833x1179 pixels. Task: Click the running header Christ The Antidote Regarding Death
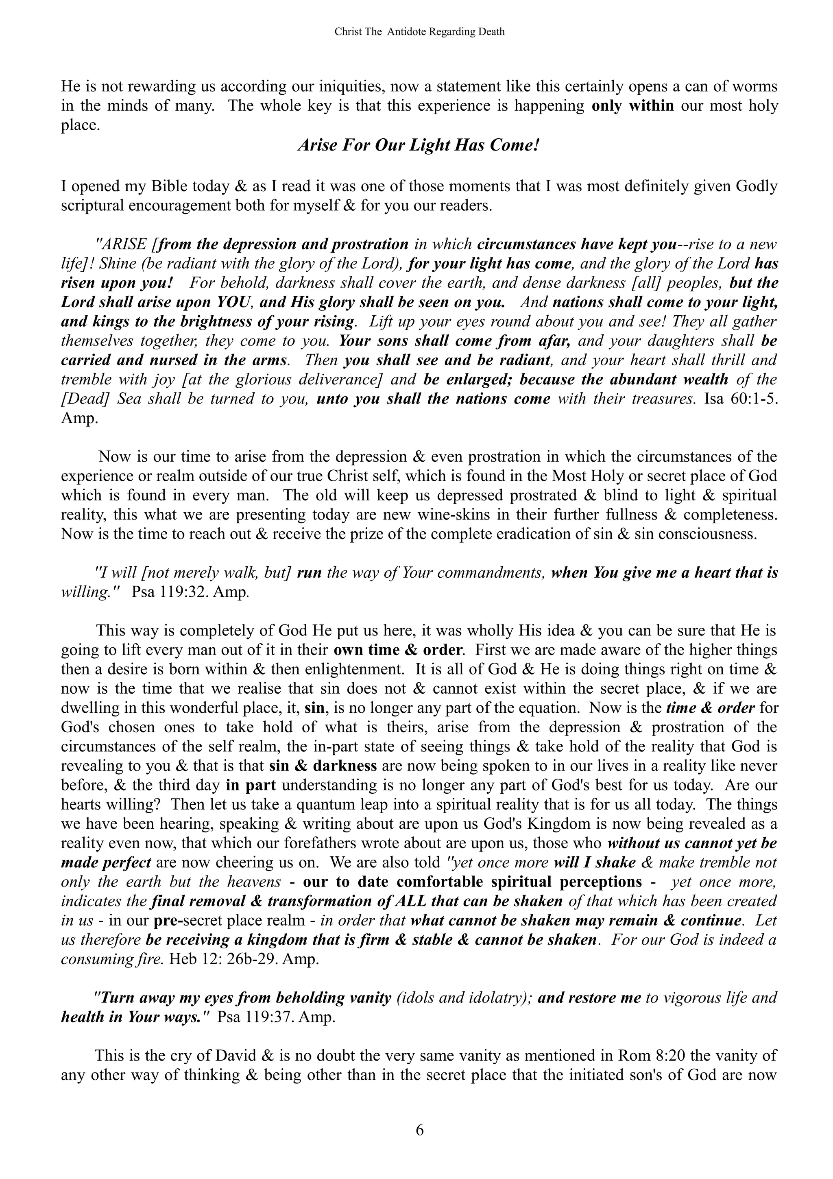[419, 32]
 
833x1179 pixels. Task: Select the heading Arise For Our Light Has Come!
[418, 146]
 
